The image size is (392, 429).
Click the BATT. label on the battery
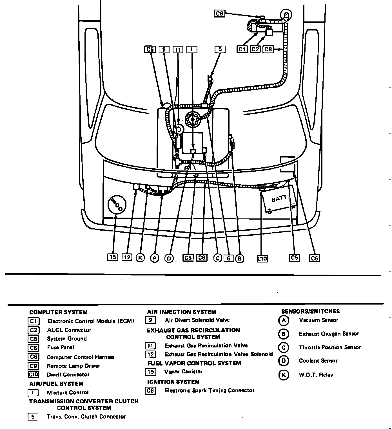[280, 199]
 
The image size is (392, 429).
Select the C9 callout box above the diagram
[219, 13]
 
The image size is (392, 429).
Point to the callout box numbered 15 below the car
[113, 257]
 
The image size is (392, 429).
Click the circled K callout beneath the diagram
[140, 258]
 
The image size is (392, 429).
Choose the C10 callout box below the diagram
[262, 258]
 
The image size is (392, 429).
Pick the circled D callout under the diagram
[169, 258]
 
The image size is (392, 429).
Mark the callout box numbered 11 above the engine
[178, 50]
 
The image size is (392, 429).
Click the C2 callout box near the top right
[255, 49]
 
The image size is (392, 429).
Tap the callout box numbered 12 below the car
[127, 257]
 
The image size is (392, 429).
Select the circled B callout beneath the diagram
[240, 258]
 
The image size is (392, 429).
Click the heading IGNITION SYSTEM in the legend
[173, 382]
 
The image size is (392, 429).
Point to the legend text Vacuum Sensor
[318, 320]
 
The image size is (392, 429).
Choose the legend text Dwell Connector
[68, 375]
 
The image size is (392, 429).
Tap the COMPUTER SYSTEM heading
[58, 312]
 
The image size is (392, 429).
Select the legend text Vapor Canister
[183, 372]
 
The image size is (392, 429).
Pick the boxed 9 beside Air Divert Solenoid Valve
[150, 320]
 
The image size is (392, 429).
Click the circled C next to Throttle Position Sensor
[283, 347]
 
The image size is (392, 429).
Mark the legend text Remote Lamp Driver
[73, 366]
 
